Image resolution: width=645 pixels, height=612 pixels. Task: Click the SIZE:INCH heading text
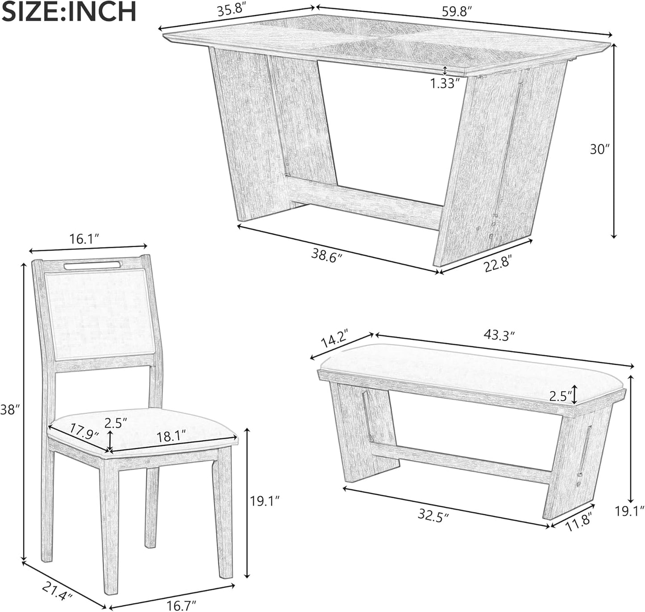[69, 12]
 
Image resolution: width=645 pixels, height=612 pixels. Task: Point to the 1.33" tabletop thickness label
[445, 83]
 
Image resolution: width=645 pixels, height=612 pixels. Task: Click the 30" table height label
[599, 149]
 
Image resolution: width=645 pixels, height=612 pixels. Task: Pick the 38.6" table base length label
[327, 254]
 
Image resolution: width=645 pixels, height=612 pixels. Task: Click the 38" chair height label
[11, 409]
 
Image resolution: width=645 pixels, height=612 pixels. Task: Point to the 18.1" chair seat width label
[171, 437]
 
